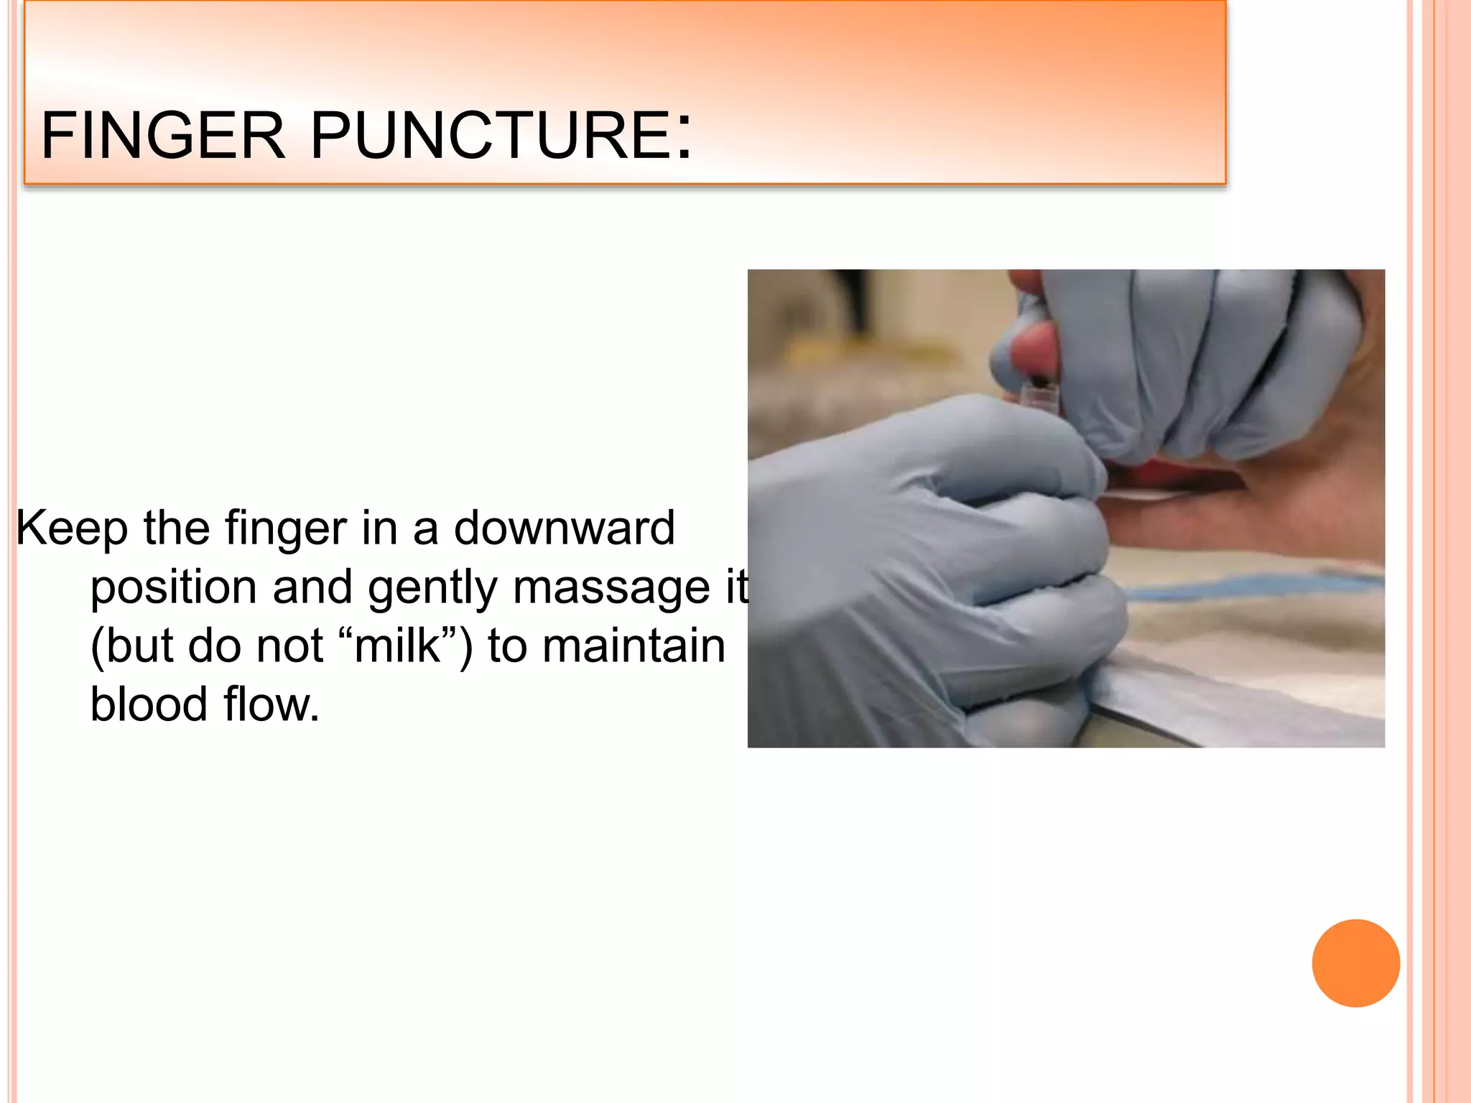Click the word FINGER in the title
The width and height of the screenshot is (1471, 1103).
(x=163, y=135)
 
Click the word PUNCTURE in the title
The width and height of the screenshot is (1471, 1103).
(x=491, y=135)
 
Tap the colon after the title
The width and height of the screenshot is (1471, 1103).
(x=685, y=136)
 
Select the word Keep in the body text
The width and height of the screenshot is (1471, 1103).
(x=72, y=529)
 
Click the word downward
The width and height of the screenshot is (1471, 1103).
(x=564, y=529)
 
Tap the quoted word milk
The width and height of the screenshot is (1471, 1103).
(x=396, y=646)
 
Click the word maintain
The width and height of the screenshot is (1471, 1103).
(x=634, y=646)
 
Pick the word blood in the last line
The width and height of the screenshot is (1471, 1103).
(x=149, y=704)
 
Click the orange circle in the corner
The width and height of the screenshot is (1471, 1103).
(x=1355, y=963)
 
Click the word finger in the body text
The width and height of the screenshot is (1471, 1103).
(x=286, y=529)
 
